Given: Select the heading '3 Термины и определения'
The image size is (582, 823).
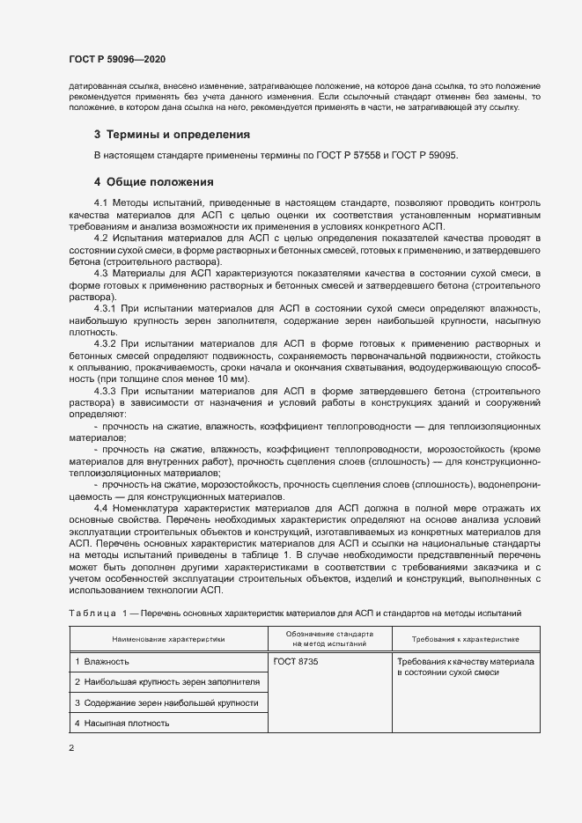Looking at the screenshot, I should (x=172, y=135).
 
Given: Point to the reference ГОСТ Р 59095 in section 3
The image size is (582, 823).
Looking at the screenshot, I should (x=428, y=156).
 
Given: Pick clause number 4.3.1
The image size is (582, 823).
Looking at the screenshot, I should (x=105, y=309).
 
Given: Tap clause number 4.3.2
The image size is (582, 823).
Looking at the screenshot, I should (x=105, y=343).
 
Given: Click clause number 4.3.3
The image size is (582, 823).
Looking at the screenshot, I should (x=105, y=390).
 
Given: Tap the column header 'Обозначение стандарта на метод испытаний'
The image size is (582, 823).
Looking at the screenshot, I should (x=330, y=638).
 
